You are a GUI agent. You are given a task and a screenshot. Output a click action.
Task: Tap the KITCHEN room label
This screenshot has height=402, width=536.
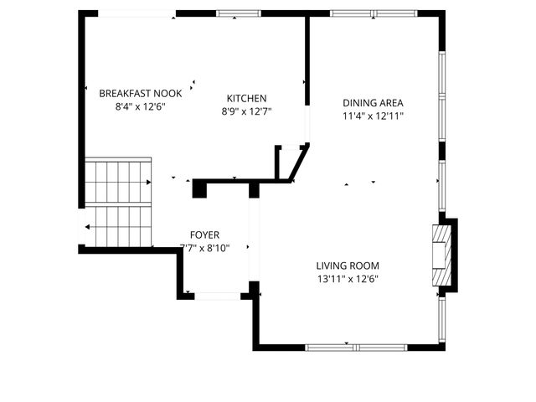[247, 97]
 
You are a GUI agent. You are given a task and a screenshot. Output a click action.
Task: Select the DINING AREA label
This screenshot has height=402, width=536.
[373, 103]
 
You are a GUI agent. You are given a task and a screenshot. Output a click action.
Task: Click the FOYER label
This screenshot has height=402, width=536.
[204, 234]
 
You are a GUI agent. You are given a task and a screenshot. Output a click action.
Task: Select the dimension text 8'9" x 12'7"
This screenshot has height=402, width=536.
[247, 111]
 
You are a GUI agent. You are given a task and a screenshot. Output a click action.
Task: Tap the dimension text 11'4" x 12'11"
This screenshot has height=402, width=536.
[373, 116]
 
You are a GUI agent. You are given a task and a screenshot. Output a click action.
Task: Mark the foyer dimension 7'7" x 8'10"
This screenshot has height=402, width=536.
[204, 248]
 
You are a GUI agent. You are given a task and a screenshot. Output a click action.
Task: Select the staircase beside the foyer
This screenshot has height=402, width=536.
[118, 204]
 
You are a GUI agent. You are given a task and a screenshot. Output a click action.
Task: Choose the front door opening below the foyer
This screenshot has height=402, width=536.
[218, 296]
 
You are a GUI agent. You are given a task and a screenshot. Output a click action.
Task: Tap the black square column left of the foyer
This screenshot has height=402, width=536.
[199, 188]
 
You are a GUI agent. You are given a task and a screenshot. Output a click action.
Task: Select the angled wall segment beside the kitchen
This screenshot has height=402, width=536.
[300, 162]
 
